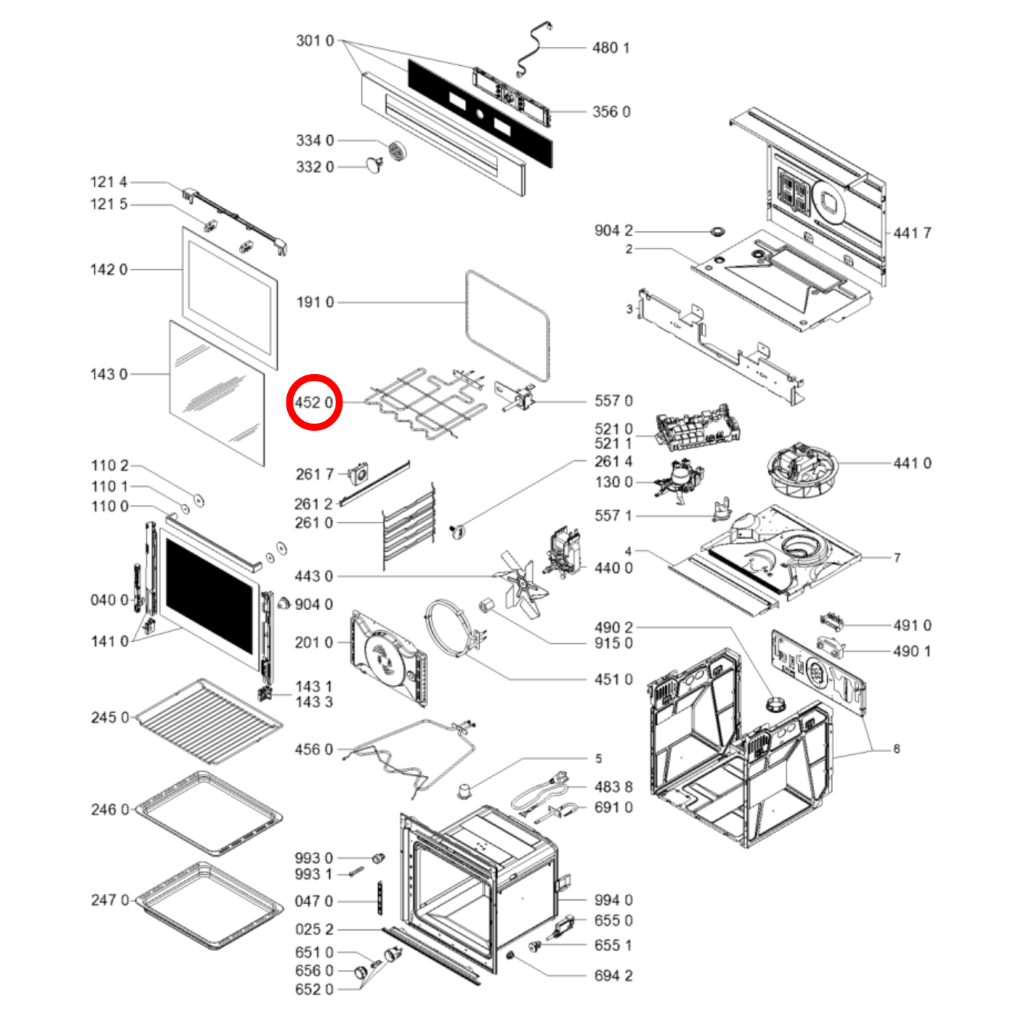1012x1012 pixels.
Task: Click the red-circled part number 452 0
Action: [314, 403]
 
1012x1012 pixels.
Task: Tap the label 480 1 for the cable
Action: [611, 48]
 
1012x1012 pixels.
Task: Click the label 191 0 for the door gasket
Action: [315, 302]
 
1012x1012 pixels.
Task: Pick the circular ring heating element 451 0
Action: [452, 629]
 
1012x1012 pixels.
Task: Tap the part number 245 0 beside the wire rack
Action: [110, 717]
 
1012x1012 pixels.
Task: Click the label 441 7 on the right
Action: [913, 233]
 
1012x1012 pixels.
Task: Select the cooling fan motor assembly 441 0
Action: [802, 469]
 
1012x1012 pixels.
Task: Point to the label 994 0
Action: [614, 900]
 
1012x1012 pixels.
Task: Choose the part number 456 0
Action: [314, 749]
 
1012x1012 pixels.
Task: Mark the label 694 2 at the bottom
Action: [614, 976]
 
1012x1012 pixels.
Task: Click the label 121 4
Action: [109, 182]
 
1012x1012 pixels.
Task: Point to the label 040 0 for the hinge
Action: [109, 599]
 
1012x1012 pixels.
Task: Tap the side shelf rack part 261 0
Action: [409, 526]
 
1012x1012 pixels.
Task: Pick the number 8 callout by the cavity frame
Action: [896, 749]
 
